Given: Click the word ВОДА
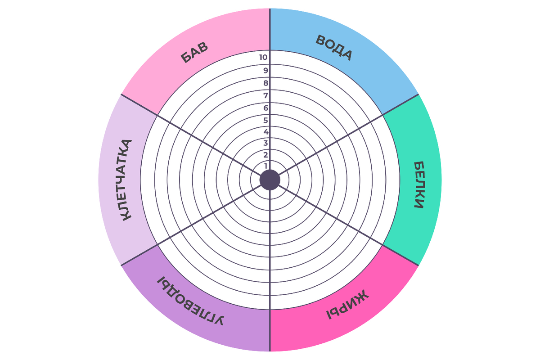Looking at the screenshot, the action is [333, 47].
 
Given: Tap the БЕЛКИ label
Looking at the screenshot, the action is [418, 185].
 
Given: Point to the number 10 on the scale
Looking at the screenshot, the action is [265, 58].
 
